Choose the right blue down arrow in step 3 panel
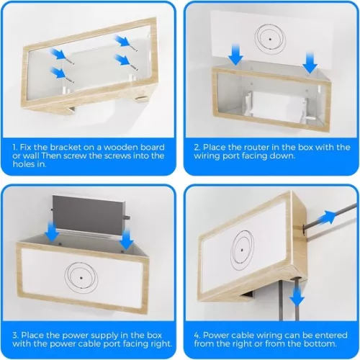point(127,237)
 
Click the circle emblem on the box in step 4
point(243,247)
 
